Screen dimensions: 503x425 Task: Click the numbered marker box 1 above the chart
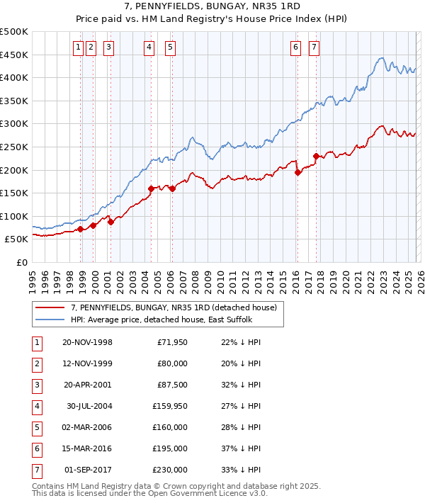(x=76, y=47)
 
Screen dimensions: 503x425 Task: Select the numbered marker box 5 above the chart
(x=171, y=47)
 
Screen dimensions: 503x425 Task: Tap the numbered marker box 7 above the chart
(x=314, y=47)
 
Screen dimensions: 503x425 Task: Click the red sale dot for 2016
(x=297, y=172)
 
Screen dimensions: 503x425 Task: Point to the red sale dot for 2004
(x=151, y=188)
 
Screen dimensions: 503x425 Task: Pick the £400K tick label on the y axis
(x=14, y=77)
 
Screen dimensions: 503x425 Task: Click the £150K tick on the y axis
(x=14, y=193)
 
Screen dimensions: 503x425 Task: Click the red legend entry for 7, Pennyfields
(x=177, y=307)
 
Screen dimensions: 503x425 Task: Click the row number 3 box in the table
(x=35, y=385)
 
